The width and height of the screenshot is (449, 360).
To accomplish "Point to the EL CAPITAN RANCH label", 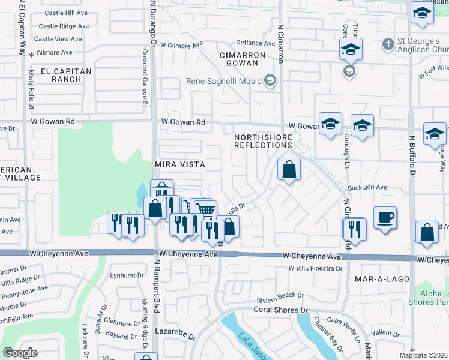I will pyautogui.click(x=66, y=75).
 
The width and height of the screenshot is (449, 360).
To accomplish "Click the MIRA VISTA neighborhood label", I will pyautogui.click(x=180, y=164).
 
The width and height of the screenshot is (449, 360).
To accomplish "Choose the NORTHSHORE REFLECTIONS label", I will pyautogui.click(x=263, y=141).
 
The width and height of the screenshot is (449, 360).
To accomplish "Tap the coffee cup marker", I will pyautogui.click(x=384, y=218).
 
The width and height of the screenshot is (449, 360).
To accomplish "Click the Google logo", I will pyautogui.click(x=20, y=353).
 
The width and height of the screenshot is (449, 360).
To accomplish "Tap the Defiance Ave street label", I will pyautogui.click(x=255, y=43).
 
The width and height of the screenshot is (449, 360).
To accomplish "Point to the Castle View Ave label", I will pyautogui.click(x=58, y=39).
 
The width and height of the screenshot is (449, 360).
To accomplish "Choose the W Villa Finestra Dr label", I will pyautogui.click(x=315, y=268).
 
